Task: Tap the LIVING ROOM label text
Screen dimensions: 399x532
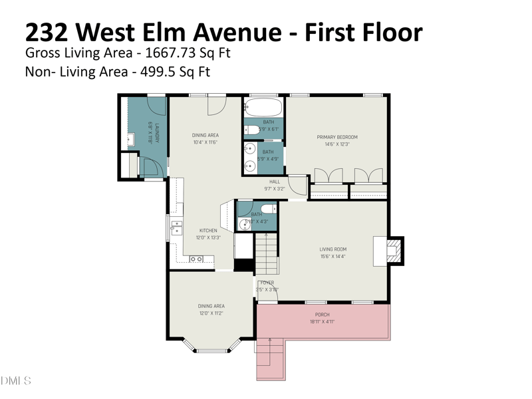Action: coord(332,249)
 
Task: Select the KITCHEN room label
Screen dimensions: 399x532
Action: coord(208,231)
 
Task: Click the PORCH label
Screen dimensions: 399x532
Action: coord(322,315)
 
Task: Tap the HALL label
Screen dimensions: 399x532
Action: coord(275,182)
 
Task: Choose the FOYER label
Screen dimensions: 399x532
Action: coord(267,283)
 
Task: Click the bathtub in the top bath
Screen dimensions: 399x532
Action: coord(264,106)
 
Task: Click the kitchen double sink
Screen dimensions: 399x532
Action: coord(176,228)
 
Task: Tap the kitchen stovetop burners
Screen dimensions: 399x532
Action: coord(196,259)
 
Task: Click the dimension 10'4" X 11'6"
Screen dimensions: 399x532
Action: coord(205,142)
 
